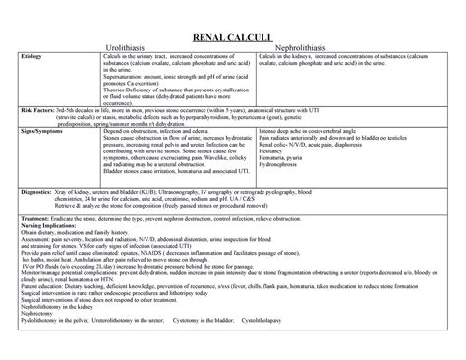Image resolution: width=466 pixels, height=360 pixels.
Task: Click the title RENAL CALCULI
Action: coord(234,36)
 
